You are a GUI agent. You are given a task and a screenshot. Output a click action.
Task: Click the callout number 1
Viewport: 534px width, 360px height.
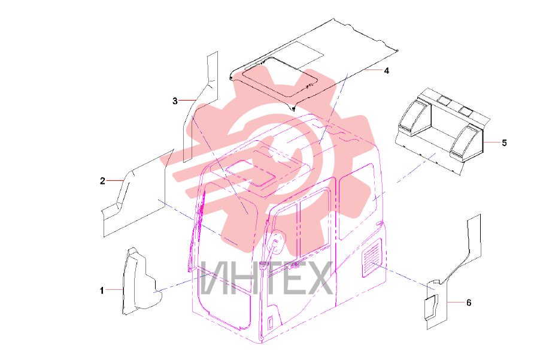click(x=102, y=291)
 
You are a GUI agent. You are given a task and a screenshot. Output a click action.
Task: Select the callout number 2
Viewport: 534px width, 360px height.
click(x=102, y=181)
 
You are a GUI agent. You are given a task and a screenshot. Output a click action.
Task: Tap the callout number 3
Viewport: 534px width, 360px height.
click(x=175, y=101)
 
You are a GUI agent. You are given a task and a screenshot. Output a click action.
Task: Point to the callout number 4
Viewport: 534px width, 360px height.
click(x=387, y=71)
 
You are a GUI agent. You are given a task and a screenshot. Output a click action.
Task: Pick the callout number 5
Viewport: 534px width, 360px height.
click(x=505, y=143)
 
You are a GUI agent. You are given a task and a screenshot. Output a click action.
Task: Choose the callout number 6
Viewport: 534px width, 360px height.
click(x=469, y=302)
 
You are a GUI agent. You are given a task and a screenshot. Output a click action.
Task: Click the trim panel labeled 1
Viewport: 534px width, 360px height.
click(x=139, y=283)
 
